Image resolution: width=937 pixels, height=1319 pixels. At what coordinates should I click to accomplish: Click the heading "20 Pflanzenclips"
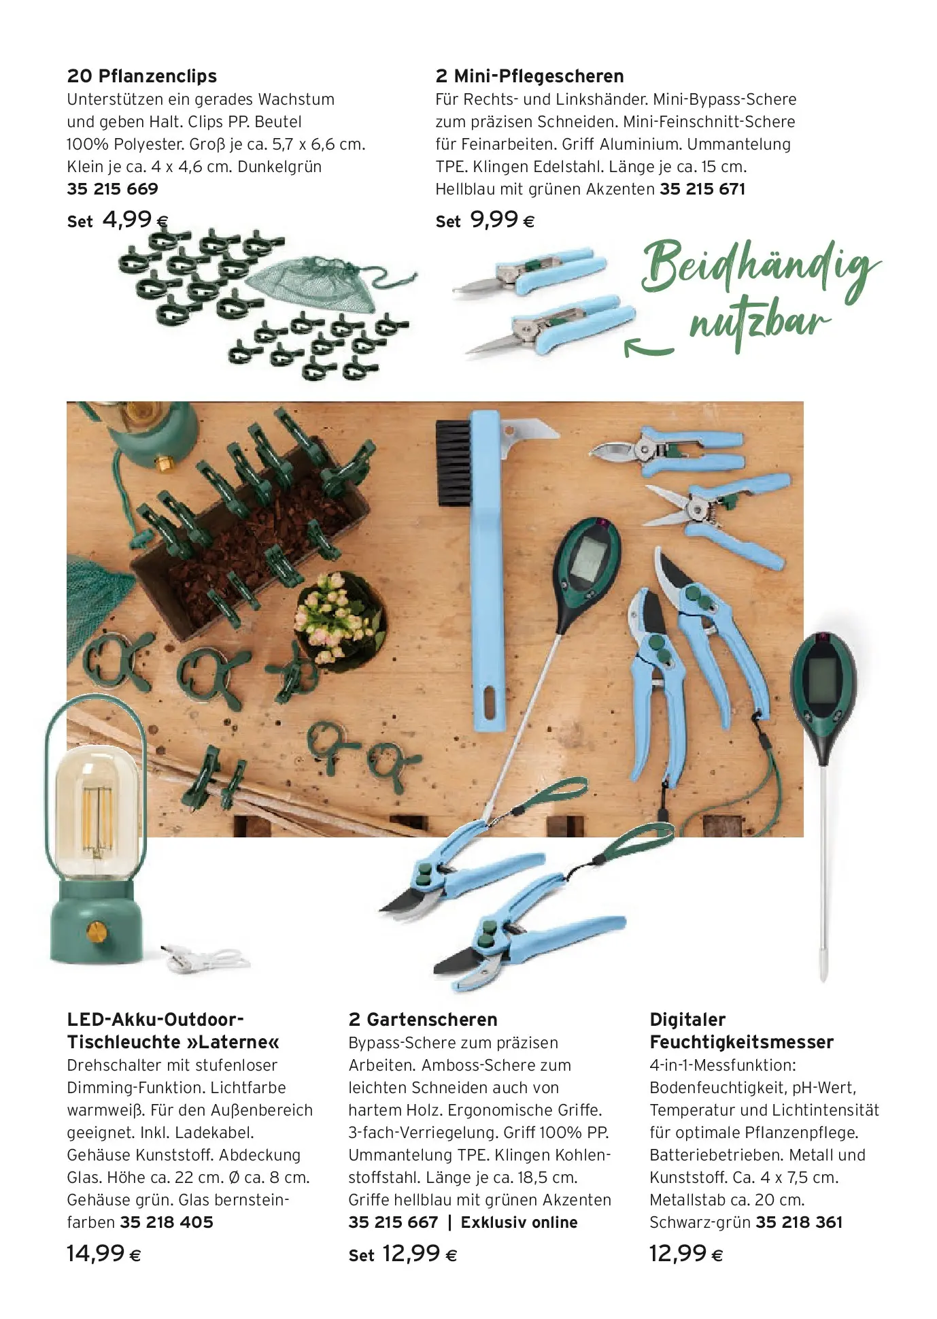142,76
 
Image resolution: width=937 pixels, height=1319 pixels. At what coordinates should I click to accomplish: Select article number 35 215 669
112,189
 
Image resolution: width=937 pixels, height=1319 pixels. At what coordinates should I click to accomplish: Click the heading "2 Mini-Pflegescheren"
529,76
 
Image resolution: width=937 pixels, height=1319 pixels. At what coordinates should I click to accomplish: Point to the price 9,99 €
502,220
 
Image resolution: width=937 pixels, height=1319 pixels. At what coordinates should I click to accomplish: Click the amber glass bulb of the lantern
96,809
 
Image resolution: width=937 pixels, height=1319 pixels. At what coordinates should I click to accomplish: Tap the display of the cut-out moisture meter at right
823,680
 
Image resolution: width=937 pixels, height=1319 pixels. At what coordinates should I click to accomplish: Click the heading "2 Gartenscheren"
422,1020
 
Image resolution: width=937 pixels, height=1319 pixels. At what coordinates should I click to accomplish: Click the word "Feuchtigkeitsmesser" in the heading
741,1042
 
